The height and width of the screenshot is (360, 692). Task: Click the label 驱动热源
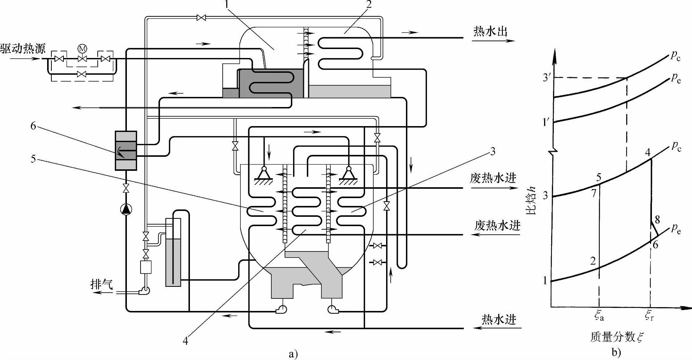point(23,49)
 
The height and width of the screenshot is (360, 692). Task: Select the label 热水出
point(490,32)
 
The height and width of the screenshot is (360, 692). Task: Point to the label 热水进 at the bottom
point(499,320)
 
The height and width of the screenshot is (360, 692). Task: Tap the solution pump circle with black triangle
point(126,209)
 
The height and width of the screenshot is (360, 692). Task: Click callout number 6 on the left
point(33,126)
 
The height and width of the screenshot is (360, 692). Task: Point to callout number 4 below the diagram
point(185,341)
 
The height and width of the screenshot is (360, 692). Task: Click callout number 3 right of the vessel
point(493,151)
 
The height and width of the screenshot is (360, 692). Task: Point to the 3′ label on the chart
point(547,77)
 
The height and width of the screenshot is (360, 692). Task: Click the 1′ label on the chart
point(546,122)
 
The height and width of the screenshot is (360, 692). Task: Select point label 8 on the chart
point(657,220)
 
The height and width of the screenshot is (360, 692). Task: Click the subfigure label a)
point(293,354)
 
